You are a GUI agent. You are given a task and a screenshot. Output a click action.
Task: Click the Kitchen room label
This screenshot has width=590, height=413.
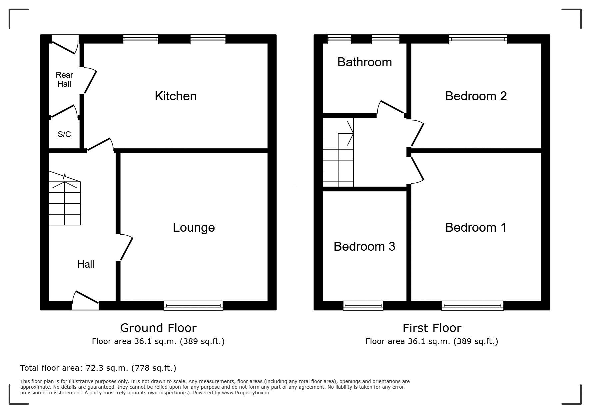[176, 96]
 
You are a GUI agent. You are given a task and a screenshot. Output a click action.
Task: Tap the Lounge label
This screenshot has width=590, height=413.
[194, 228]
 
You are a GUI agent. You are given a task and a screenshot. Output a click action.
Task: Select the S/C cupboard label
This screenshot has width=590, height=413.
[64, 134]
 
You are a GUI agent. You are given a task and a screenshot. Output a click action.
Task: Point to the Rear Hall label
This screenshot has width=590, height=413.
[64, 79]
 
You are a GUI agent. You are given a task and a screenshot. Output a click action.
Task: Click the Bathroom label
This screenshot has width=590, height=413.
[364, 62]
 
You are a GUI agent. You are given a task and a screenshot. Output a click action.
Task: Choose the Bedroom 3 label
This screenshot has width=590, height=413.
[364, 246]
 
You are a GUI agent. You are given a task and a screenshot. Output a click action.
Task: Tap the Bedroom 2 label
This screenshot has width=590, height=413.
[476, 96]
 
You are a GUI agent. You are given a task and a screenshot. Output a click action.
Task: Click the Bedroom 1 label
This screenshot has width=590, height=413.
[476, 227]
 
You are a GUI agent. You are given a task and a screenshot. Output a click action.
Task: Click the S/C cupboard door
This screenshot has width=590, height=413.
[64, 111]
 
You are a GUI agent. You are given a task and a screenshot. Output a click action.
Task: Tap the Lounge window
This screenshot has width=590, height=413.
[193, 305]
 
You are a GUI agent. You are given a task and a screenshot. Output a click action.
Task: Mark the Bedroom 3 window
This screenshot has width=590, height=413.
[363, 305]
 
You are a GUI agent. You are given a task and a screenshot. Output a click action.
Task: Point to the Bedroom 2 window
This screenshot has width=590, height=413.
[478, 39]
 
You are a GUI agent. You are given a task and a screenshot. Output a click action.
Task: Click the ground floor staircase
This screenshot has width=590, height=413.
[65, 198]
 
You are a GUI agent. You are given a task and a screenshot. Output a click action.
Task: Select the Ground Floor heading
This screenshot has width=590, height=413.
[158, 328]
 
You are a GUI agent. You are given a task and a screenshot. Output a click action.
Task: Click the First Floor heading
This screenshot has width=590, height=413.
[432, 328]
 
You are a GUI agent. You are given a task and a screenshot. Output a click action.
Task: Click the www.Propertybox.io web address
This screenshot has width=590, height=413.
[246, 393]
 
